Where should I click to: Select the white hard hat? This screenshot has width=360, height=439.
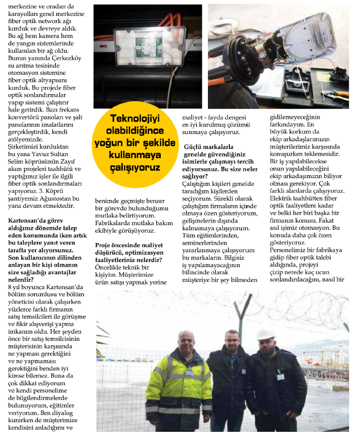pyautogui.click(x=266, y=334)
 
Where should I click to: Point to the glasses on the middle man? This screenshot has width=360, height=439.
pyautogui.click(x=232, y=341)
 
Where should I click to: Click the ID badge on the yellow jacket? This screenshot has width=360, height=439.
pyautogui.click(x=189, y=374)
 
